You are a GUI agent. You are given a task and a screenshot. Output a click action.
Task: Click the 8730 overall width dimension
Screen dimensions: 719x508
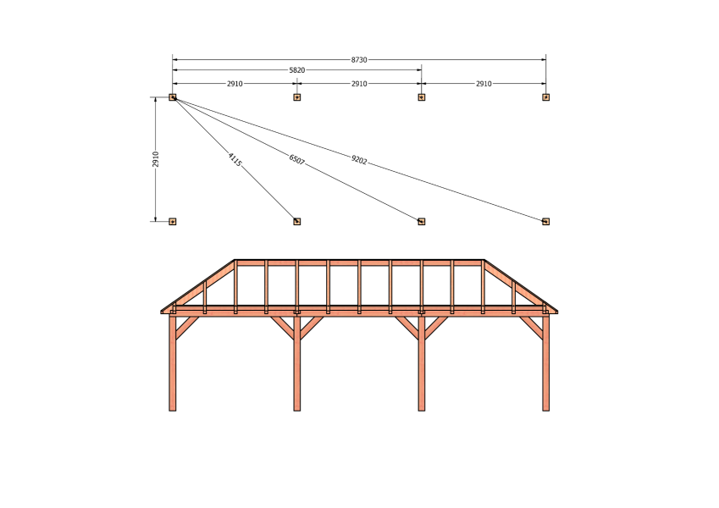[x=359, y=59]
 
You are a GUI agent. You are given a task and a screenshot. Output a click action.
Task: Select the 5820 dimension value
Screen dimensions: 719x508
[x=296, y=70]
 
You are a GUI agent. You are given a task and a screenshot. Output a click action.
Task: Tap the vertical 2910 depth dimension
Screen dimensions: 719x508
[x=156, y=159]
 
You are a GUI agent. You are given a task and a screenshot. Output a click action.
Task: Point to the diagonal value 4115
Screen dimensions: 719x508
[x=235, y=159]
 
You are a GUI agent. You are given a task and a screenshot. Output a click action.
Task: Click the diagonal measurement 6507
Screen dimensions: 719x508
[x=296, y=159]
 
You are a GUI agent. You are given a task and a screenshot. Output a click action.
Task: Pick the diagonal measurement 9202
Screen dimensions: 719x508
[x=359, y=159]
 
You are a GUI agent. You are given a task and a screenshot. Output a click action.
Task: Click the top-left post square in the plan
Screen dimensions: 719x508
[x=173, y=97]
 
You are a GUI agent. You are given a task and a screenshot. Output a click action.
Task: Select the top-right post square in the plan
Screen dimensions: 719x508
[x=545, y=97]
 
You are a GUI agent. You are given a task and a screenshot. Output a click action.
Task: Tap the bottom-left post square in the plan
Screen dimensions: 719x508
[x=173, y=222]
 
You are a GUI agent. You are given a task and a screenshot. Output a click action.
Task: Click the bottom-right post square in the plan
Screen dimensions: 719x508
[x=545, y=222]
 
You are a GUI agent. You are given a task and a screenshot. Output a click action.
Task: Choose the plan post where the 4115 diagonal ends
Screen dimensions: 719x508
[x=296, y=222]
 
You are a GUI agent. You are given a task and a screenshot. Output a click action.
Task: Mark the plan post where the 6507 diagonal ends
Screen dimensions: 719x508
[x=422, y=222]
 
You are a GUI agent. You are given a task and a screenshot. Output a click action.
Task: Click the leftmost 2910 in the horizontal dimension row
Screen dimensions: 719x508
[x=235, y=84]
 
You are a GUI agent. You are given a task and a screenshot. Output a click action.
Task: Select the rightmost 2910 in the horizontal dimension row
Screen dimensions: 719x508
[x=484, y=84]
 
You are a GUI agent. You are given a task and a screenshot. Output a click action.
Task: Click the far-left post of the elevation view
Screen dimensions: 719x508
[x=173, y=362]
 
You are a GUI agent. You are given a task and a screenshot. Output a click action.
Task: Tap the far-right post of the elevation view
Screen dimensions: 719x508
[x=545, y=362]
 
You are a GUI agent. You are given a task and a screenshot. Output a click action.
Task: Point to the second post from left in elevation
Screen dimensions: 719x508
[x=296, y=362]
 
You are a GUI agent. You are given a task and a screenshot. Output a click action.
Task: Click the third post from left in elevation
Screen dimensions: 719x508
[x=422, y=362]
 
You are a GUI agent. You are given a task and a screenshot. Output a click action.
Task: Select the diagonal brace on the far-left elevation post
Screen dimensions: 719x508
[x=187, y=329]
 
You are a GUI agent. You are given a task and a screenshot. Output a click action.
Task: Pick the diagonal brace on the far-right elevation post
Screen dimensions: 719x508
[x=531, y=329]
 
